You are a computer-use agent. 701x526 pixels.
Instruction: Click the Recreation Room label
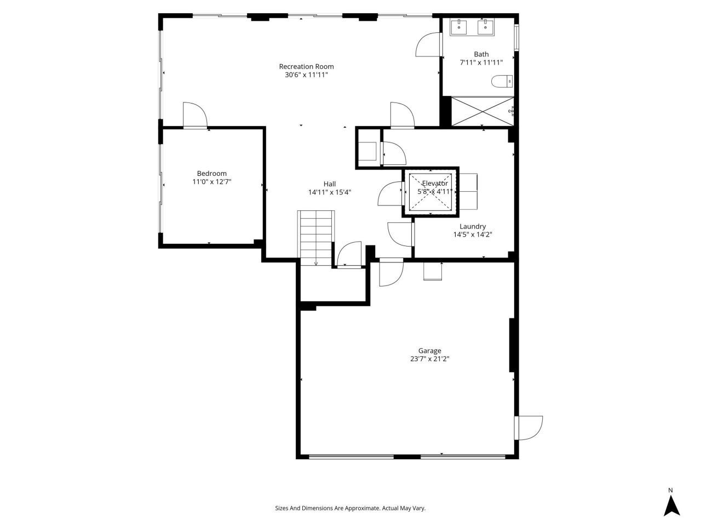point(306,66)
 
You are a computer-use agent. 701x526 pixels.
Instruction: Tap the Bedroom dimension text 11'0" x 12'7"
point(212,182)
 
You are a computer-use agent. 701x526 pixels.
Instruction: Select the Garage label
point(429,351)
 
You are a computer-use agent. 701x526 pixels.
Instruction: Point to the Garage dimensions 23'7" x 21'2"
point(429,359)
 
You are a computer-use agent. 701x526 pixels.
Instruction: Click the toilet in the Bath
point(502,82)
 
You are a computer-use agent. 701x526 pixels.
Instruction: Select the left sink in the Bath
point(459,26)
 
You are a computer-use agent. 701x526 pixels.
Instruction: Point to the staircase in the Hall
point(315,238)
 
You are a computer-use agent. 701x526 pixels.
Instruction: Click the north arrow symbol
point(671,505)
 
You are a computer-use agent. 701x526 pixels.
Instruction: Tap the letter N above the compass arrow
point(670,490)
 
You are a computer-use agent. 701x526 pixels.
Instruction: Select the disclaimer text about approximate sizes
point(350,508)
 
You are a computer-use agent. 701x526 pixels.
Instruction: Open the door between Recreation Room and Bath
point(428,45)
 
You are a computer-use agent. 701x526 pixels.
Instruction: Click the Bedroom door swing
point(194,115)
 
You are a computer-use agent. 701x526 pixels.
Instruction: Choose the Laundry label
point(472,226)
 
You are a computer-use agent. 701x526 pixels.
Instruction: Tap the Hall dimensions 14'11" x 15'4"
point(329,192)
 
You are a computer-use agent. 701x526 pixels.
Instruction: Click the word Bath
point(481,54)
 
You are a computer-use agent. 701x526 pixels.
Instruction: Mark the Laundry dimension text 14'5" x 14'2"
point(472,235)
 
